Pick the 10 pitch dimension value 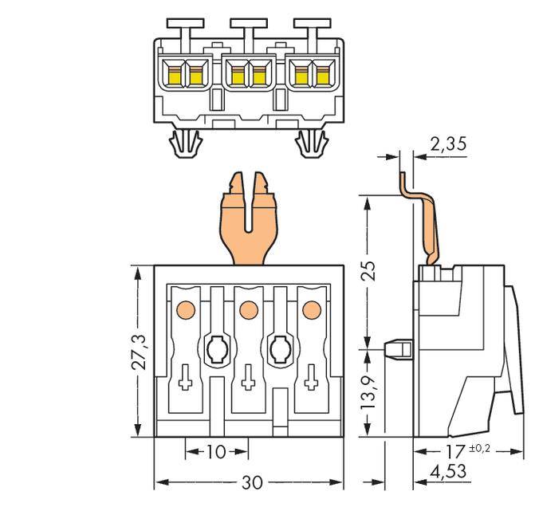[216, 452]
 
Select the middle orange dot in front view [247, 308]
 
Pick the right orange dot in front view [311, 308]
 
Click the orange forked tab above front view [248, 219]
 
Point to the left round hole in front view [215, 348]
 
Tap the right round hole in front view [279, 348]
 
